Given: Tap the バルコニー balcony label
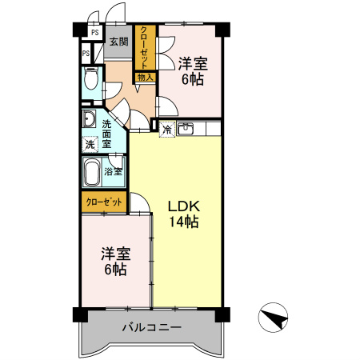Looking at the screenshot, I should [152, 327].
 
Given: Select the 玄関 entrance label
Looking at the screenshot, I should [118, 42].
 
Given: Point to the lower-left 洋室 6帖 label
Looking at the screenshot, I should [114, 262].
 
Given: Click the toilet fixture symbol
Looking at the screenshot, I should [90, 81].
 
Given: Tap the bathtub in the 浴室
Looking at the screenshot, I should [93, 170].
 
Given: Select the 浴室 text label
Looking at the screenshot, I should [114, 170].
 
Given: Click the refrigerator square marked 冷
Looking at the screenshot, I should [166, 128].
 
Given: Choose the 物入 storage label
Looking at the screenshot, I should [144, 78].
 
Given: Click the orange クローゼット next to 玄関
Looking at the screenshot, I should [144, 47].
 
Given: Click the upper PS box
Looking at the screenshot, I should [94, 34].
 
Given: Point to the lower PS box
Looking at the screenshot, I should [85, 54].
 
